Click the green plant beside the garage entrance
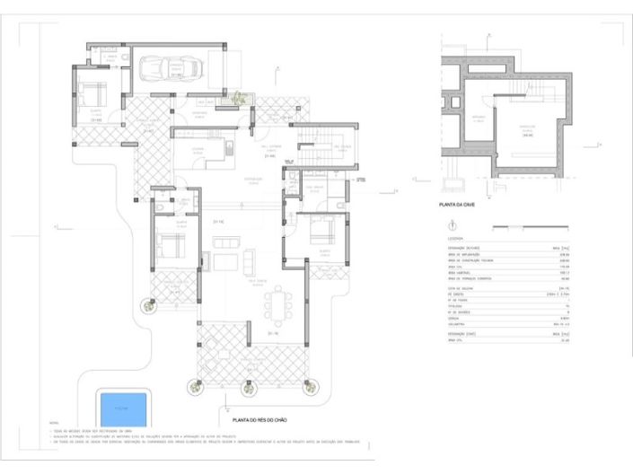[x=239, y=98]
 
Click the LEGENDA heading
[x=455, y=240]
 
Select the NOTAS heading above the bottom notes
[x=56, y=422]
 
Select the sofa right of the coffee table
[x=248, y=261]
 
